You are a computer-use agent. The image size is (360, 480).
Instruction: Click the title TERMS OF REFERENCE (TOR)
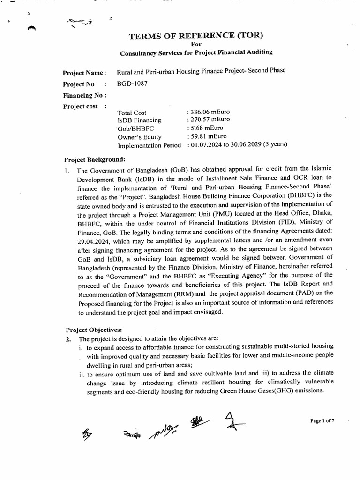click(x=197, y=36)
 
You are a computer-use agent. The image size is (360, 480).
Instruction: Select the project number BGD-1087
click(x=130, y=84)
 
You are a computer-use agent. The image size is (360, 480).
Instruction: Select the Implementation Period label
click(x=149, y=145)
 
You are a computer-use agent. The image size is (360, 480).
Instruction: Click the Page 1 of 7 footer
click(x=322, y=421)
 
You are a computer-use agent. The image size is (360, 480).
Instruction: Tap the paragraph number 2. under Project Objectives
click(x=68, y=338)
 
